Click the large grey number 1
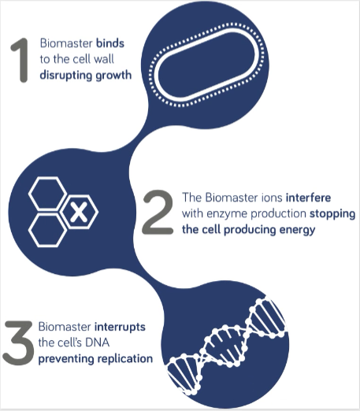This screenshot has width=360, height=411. [21, 61]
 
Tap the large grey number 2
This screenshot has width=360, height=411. [158, 212]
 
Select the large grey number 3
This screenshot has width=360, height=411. [18, 342]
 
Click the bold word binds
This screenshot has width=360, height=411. [110, 43]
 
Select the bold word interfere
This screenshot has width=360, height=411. [308, 198]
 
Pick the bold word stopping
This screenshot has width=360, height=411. [332, 214]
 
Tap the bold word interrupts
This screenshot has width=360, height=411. [120, 328]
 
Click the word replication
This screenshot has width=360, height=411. [125, 359]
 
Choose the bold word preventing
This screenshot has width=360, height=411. [66, 359]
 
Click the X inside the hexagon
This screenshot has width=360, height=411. [78, 212]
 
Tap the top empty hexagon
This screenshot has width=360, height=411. [47, 193]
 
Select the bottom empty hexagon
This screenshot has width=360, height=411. [47, 231]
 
